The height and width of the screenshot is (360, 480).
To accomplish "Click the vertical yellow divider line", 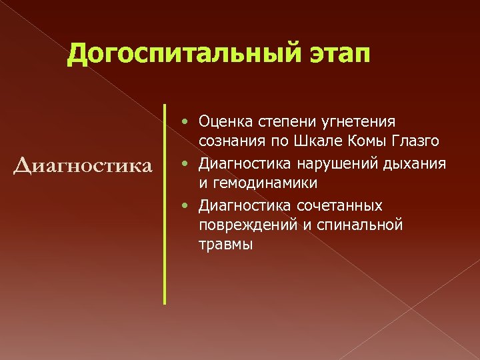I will [165, 203].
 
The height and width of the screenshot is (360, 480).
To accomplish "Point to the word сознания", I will [230, 142].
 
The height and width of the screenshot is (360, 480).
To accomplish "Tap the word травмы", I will [225, 245].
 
